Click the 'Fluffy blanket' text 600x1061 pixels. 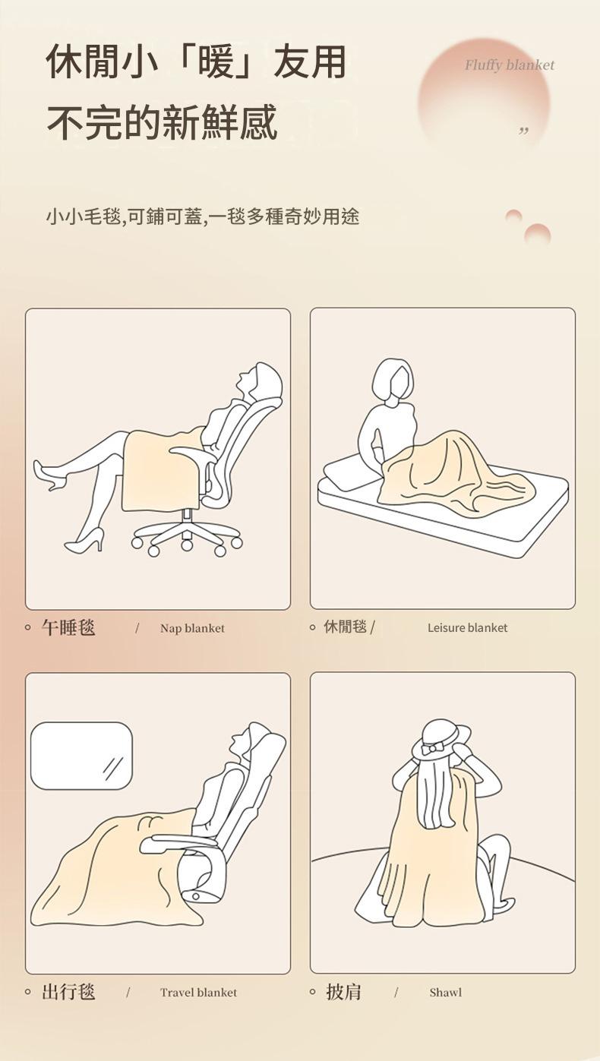point(509,65)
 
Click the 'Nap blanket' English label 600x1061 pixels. point(192,629)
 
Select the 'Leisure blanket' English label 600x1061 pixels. point(467,628)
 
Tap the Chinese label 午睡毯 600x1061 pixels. point(68,627)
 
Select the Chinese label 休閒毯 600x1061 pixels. point(346,627)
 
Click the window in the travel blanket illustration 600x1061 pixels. point(81,756)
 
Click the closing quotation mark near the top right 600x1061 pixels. point(523,131)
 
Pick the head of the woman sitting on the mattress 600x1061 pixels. point(393,380)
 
